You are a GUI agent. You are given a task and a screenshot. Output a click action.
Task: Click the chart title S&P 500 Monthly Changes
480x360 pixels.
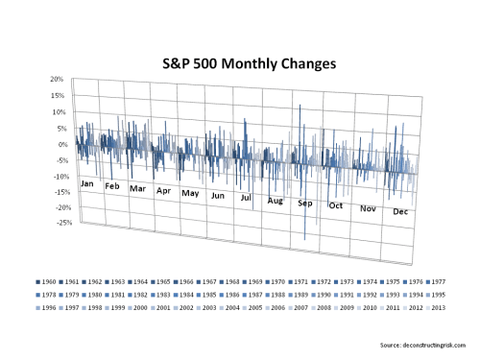coord(239,64)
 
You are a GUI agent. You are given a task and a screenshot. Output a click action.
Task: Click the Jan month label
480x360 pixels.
coord(87,183)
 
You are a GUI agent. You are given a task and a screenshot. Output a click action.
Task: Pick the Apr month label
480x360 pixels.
coord(163,190)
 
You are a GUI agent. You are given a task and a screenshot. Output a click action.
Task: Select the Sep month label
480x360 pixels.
coord(305,204)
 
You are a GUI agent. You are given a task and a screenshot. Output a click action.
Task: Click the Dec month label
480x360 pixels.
coord(401,211)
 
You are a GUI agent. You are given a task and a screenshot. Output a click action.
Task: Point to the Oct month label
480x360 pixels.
coord(336,205)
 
